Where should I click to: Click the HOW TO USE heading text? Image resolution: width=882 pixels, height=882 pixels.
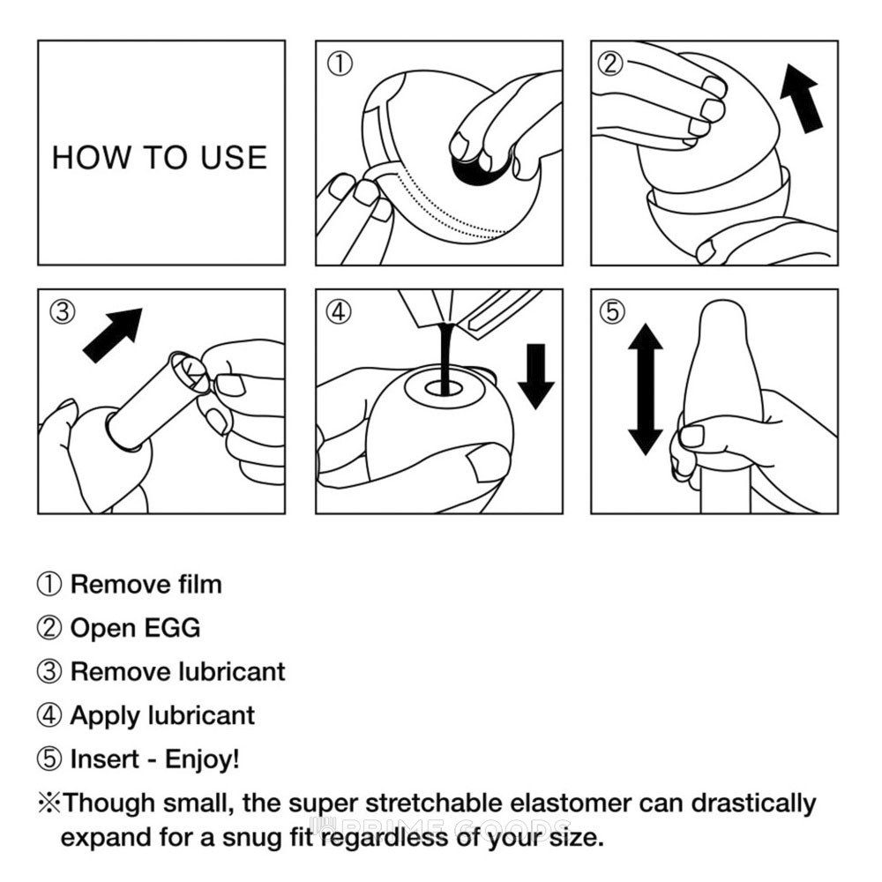[160, 157]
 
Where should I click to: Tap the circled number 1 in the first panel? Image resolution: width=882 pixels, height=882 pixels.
[340, 64]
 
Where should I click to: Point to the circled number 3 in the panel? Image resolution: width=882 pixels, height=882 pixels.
[63, 311]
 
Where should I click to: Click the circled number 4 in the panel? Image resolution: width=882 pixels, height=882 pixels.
[340, 311]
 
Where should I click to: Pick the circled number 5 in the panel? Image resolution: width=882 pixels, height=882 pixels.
[613, 311]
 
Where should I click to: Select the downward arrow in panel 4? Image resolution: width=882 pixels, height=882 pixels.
[536, 376]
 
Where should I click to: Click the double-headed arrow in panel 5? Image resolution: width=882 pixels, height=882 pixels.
[646, 389]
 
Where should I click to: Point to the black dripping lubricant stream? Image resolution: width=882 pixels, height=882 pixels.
[446, 356]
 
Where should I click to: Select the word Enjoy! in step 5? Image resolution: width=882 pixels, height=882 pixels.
[202, 759]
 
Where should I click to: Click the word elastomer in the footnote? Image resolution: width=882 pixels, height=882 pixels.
[569, 803]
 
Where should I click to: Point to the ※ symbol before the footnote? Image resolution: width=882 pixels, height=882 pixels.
[49, 804]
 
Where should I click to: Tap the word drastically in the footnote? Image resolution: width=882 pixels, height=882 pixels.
[753, 804]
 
